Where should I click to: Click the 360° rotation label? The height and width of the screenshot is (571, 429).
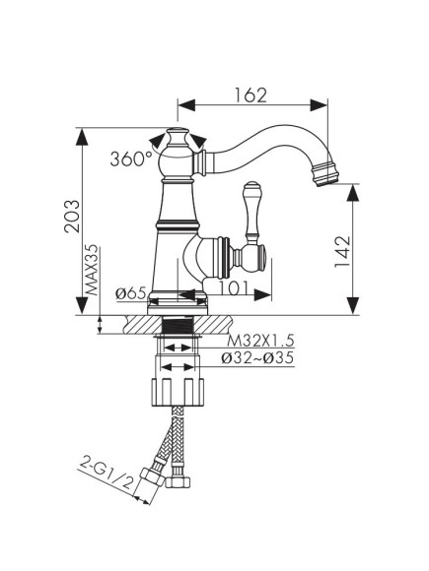point(131,157)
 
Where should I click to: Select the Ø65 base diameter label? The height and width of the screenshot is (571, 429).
point(131,292)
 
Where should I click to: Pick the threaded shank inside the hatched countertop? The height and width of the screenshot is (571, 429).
point(179,326)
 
